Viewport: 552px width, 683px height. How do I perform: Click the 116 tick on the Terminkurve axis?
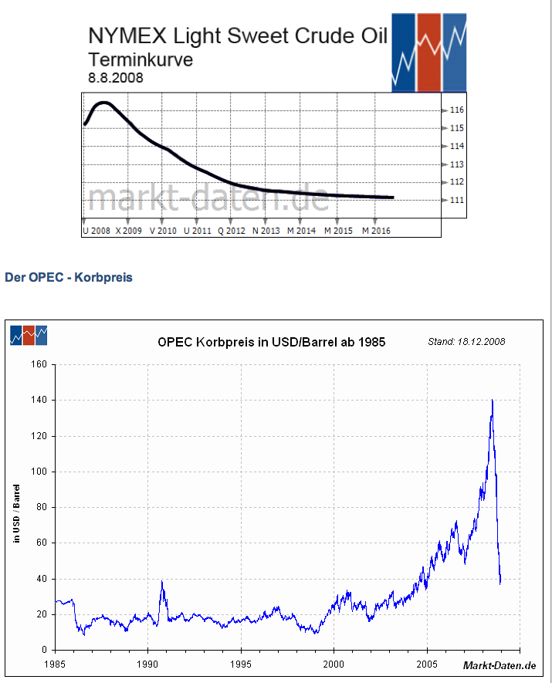[456, 110]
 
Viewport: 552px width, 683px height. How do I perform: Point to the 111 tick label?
[456, 201]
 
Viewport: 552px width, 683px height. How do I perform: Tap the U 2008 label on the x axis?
[97, 231]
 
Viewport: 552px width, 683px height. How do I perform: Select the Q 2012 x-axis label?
[231, 231]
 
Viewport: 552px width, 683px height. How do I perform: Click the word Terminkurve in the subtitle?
[141, 59]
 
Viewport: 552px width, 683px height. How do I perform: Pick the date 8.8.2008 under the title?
[116, 78]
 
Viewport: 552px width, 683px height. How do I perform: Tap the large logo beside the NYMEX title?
[428, 52]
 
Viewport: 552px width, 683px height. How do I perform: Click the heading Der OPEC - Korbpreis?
[69, 277]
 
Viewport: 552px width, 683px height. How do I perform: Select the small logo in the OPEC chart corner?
[29, 335]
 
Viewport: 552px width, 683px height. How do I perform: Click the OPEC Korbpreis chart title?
[271, 341]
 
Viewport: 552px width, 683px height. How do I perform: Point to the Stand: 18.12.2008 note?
[466, 341]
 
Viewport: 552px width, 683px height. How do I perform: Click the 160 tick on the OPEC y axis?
[39, 364]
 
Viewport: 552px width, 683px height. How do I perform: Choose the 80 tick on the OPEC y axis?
[41, 508]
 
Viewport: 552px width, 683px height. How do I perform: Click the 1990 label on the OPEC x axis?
[147, 664]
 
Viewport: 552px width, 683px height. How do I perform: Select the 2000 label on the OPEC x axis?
[334, 664]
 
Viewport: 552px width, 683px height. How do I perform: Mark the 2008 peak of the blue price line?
[492, 401]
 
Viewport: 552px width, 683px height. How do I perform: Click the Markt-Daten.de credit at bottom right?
[499, 665]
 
